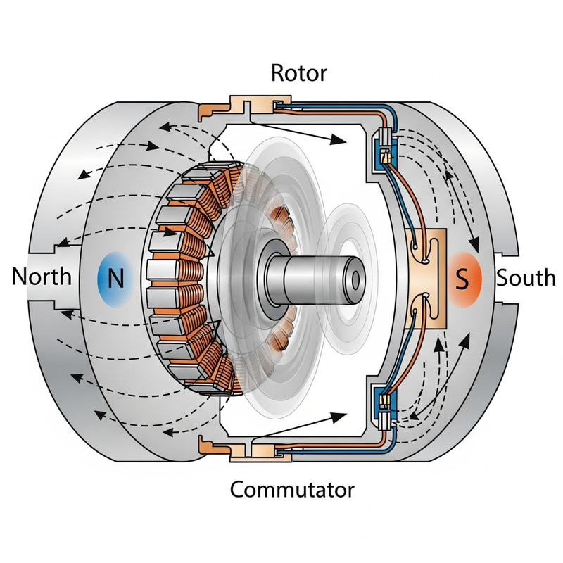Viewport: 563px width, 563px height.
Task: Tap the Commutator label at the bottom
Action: click(292, 488)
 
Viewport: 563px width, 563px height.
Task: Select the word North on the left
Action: click(42, 277)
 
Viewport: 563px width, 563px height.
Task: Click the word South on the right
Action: click(526, 278)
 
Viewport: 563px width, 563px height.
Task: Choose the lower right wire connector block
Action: click(386, 409)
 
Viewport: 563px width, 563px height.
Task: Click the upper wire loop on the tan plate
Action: click(422, 247)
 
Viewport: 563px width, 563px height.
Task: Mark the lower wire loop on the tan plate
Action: click(422, 307)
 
